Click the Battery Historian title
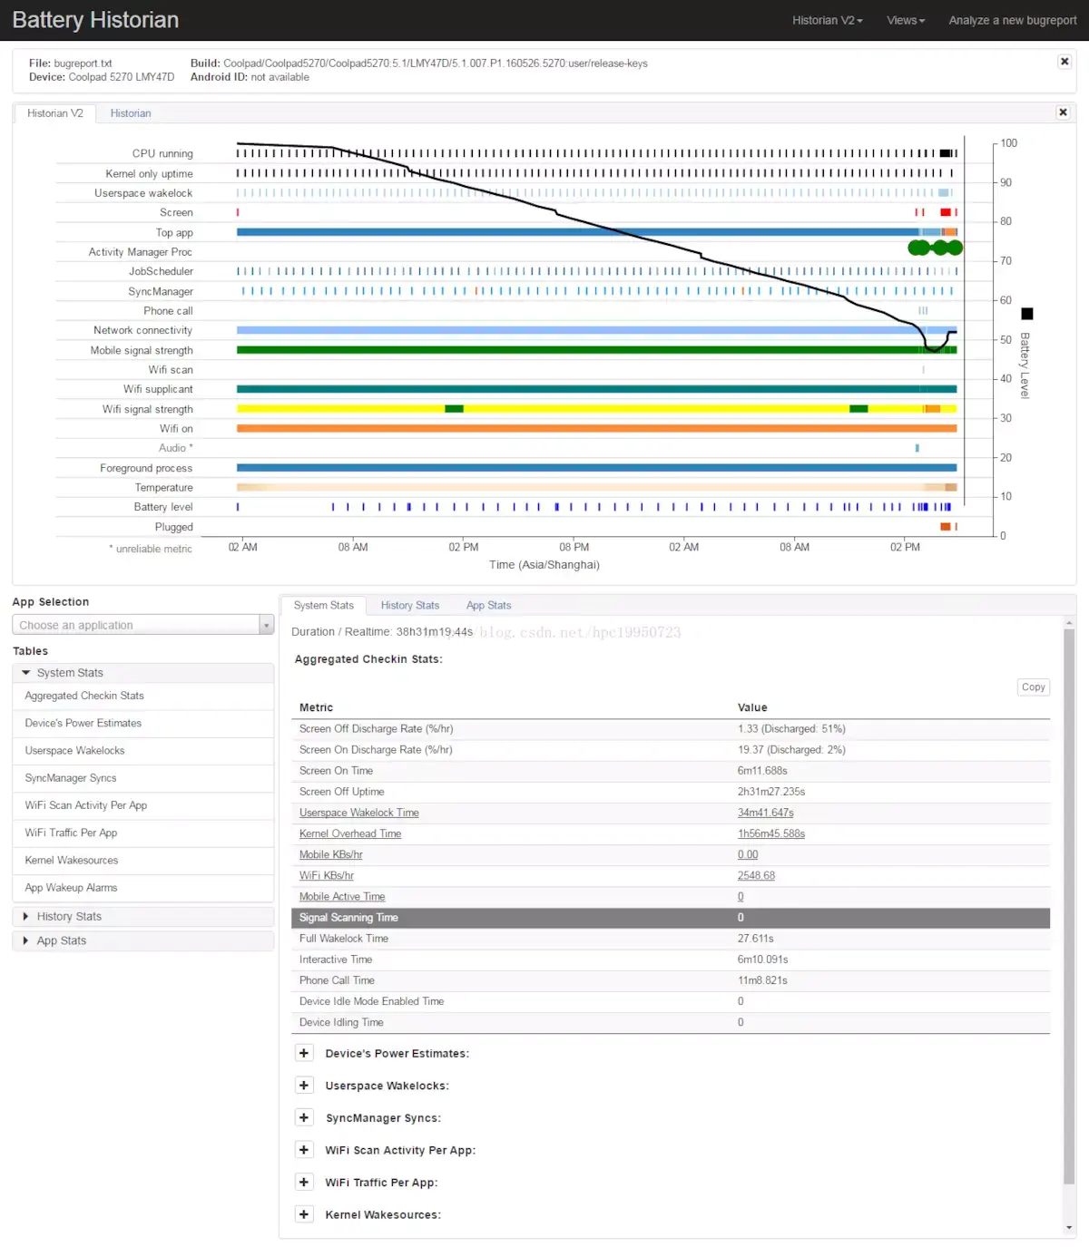pyautogui.click(x=95, y=20)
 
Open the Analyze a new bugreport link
pyautogui.click(x=1012, y=20)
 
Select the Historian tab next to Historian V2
pyautogui.click(x=131, y=113)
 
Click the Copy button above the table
pyautogui.click(x=1033, y=687)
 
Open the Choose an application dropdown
pyautogui.click(x=142, y=625)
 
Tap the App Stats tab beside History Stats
pyautogui.click(x=488, y=606)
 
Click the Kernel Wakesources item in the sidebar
pyautogui.click(x=72, y=861)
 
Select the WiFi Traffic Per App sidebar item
pyautogui.click(x=71, y=833)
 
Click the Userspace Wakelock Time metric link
pyautogui.click(x=358, y=813)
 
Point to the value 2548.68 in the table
pyautogui.click(x=756, y=876)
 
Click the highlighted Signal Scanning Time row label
pyautogui.click(x=348, y=918)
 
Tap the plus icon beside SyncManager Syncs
pyautogui.click(x=304, y=1118)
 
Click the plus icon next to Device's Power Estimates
pyautogui.click(x=304, y=1053)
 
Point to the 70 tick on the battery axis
pyautogui.click(x=1006, y=261)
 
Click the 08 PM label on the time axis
pyautogui.click(x=574, y=548)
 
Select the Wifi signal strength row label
pyautogui.click(x=147, y=410)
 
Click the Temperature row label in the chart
pyautogui.click(x=163, y=488)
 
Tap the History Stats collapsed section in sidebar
pyautogui.click(x=69, y=917)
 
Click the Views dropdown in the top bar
pyautogui.click(x=905, y=20)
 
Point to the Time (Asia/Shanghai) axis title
pyautogui.click(x=544, y=565)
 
